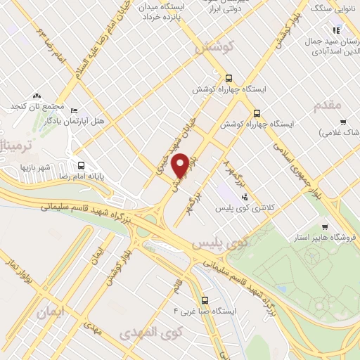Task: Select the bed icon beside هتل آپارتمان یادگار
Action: coord(76,110)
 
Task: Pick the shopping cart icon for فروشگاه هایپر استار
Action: coord(324,226)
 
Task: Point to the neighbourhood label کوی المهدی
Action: coord(150,331)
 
